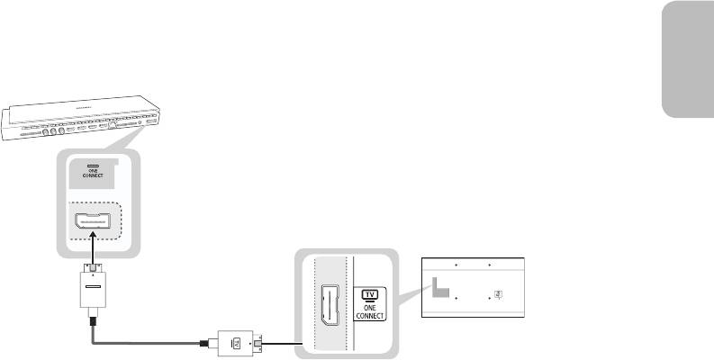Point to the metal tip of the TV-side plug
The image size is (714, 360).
coord(259,343)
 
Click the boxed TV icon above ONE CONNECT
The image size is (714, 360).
coord(367,294)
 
